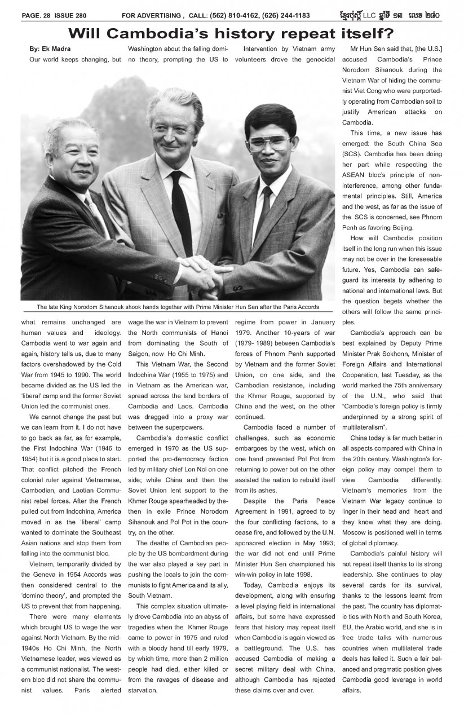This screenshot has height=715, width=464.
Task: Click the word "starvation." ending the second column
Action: click(144, 690)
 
